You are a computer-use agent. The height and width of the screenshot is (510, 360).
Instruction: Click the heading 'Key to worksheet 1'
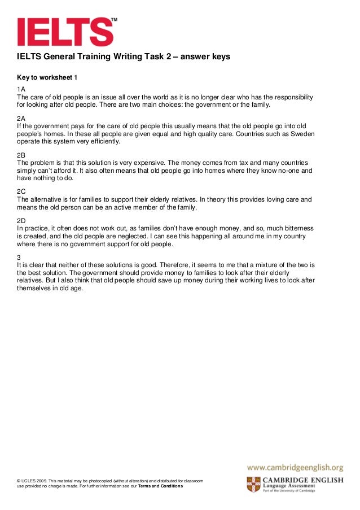point(47,76)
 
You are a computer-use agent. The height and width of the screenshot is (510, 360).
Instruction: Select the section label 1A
point(21,89)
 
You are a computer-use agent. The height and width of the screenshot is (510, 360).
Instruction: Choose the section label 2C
point(21,191)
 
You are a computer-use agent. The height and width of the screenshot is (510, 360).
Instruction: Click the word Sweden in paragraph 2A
point(302,134)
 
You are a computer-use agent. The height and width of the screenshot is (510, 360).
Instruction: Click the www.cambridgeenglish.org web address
point(295,468)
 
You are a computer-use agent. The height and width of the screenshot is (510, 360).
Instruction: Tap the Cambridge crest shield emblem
point(253,485)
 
